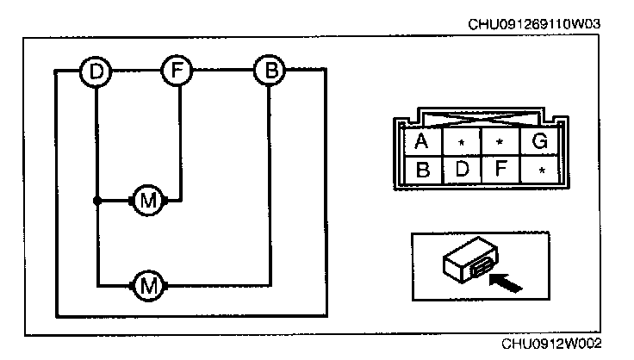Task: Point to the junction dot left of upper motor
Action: click(x=96, y=201)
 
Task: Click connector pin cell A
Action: click(x=421, y=141)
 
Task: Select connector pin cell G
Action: click(x=540, y=141)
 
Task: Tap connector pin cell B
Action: click(x=421, y=170)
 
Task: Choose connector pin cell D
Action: click(x=461, y=170)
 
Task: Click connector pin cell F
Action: click(x=500, y=170)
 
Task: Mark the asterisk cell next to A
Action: click(x=461, y=141)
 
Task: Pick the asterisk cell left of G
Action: click(x=500, y=141)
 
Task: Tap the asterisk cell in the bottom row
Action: click(x=540, y=171)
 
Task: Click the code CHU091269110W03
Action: click(x=534, y=24)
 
